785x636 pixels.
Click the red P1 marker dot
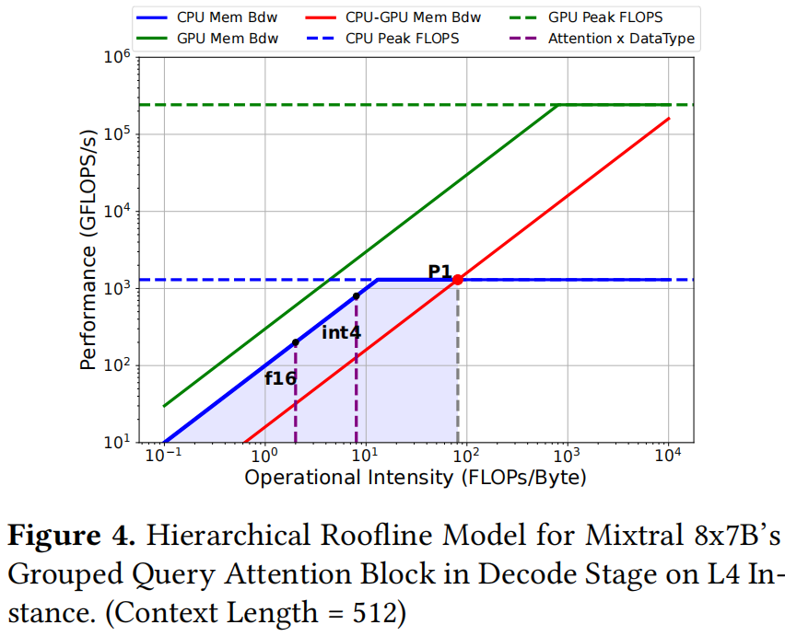[458, 279]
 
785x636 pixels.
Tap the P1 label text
[439, 272]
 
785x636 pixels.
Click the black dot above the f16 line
[295, 342]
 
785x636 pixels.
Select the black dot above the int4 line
[357, 296]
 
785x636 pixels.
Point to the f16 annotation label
[280, 377]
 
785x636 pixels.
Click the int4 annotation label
[340, 332]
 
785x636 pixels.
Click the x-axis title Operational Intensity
[415, 479]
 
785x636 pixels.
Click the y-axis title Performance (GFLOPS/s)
[88, 250]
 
